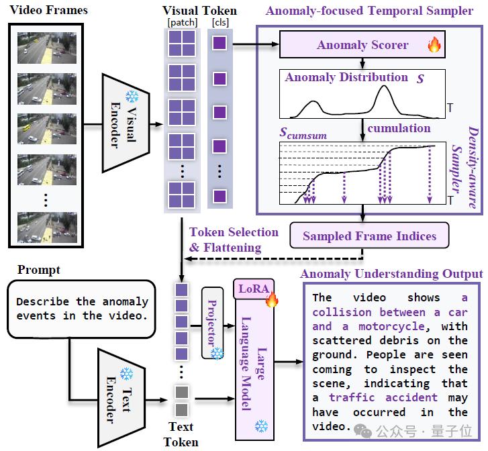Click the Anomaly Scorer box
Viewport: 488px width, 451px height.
click(362, 46)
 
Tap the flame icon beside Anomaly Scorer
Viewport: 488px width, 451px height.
click(434, 46)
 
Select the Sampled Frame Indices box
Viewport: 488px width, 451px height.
click(369, 236)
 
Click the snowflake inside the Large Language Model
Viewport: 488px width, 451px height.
click(262, 425)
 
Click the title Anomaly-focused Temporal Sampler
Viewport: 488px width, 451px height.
click(370, 11)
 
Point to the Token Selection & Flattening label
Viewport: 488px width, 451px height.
click(233, 240)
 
